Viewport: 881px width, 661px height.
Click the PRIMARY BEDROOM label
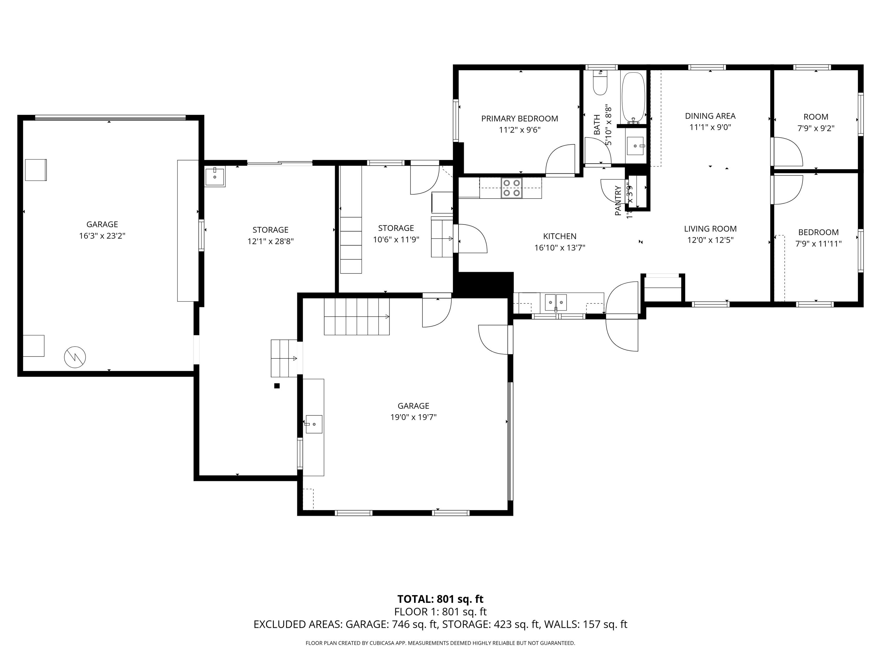tap(519, 119)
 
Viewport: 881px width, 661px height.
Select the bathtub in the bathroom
tap(633, 97)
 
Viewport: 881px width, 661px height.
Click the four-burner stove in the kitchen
tap(511, 188)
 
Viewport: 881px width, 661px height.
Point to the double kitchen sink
tap(556, 302)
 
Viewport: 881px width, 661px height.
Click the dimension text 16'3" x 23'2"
tap(102, 236)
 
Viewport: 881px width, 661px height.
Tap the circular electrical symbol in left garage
tap(75, 357)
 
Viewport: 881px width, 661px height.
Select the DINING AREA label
tap(710, 116)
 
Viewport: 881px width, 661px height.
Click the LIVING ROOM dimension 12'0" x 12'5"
tap(710, 240)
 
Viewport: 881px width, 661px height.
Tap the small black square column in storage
tap(277, 386)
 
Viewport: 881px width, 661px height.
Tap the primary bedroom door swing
tap(560, 159)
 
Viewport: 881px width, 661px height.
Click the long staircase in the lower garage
tap(357, 317)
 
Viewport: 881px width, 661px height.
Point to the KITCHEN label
tap(560, 236)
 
